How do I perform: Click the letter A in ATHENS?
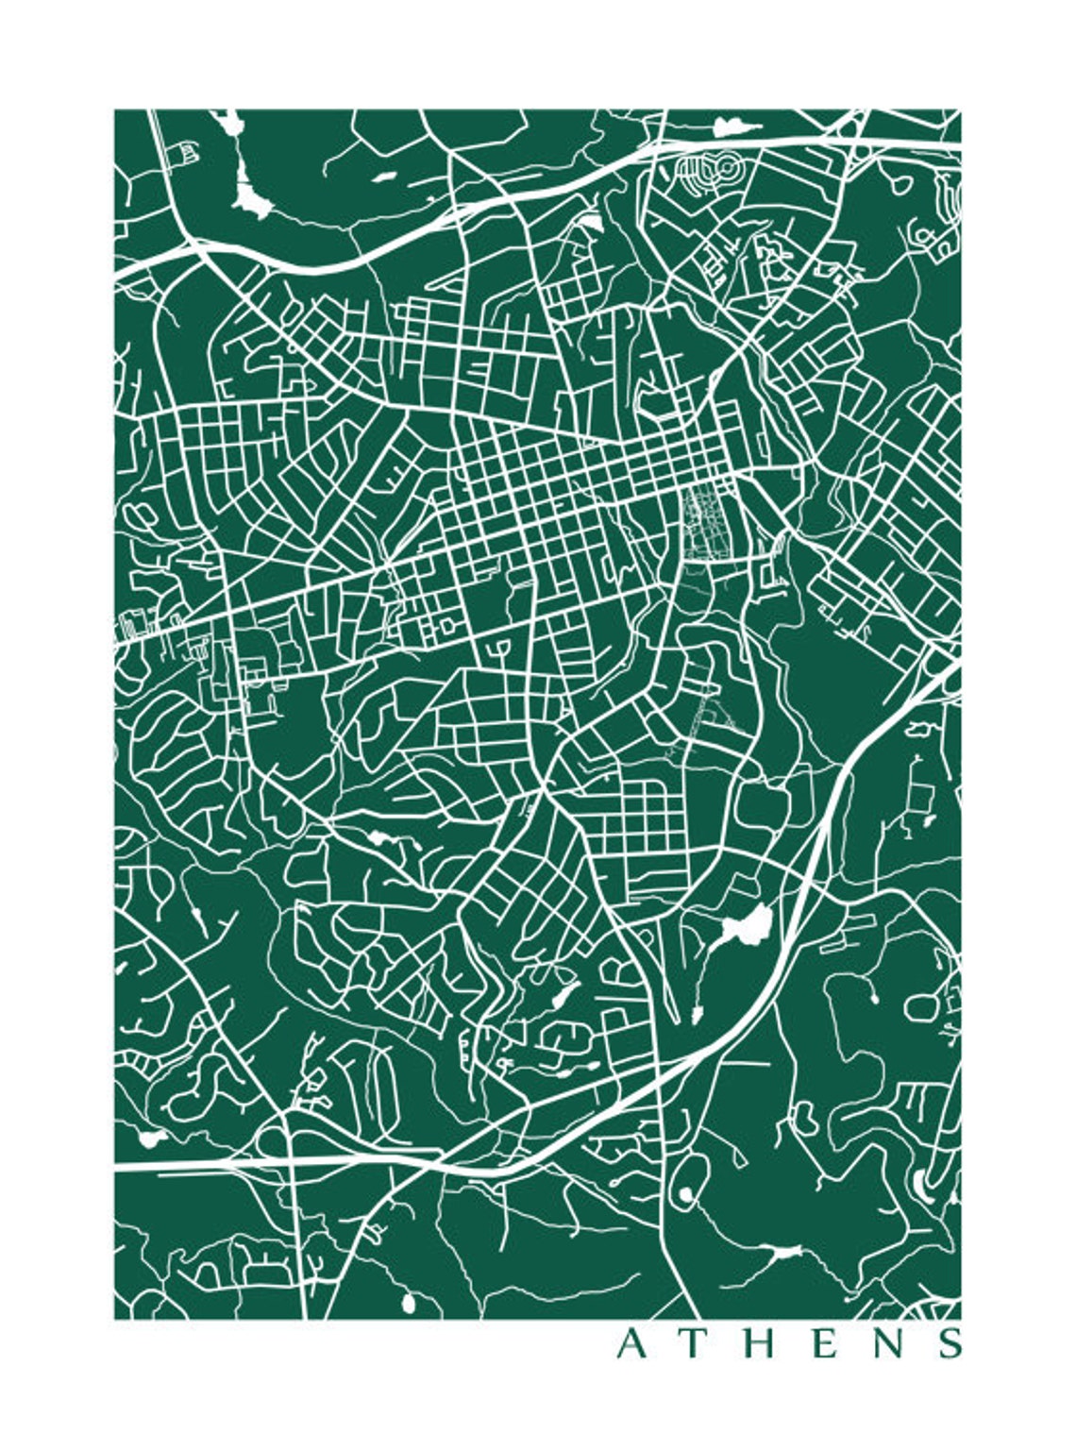click(631, 1343)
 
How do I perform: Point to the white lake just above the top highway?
click(728, 127)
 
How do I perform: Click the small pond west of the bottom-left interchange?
click(148, 1138)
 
